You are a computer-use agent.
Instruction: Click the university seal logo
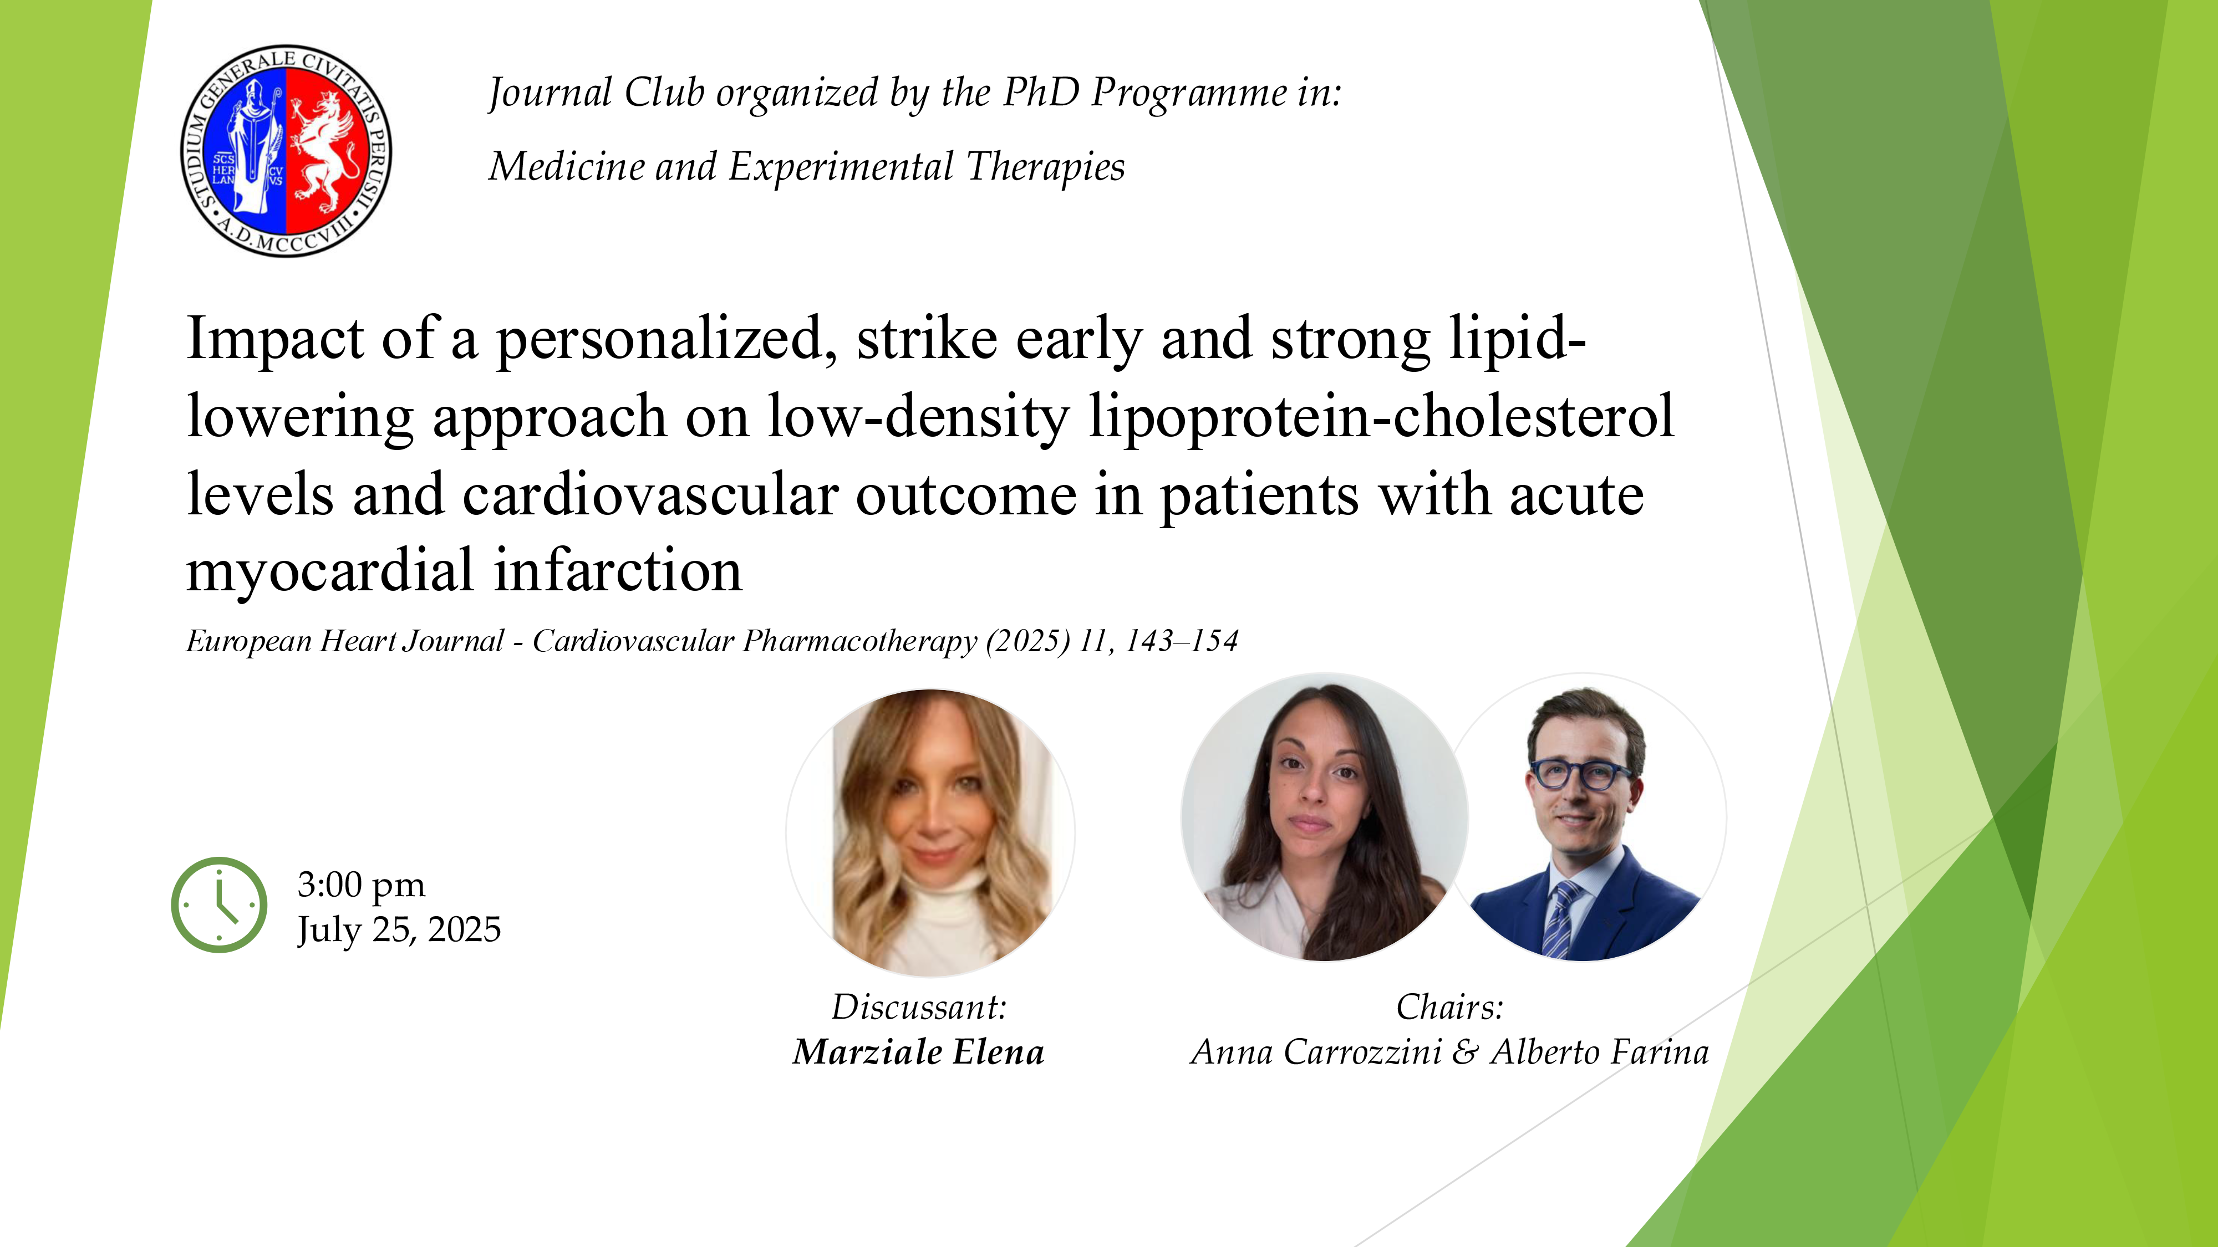[x=286, y=151]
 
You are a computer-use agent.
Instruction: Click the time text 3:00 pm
[x=361, y=884]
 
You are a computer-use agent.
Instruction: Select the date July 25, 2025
[x=399, y=929]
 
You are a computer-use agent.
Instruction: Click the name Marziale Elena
[x=918, y=1052]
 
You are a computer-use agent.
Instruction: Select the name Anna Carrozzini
[x=1316, y=1052]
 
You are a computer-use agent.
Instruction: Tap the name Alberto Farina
[x=1599, y=1052]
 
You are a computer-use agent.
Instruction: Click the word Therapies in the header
[x=1045, y=166]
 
